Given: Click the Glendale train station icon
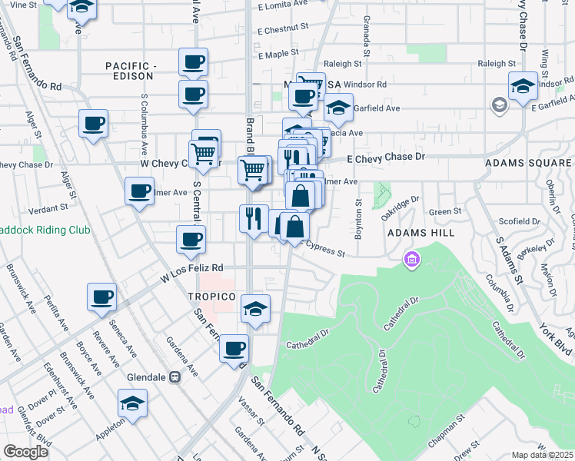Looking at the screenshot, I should tap(174, 377).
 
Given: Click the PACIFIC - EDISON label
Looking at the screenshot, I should tap(131, 67).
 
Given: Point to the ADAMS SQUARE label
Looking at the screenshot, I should tap(529, 164).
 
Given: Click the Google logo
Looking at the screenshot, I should tap(25, 452).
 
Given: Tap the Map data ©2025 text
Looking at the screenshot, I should tap(542, 455).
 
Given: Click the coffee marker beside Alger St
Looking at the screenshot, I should tap(93, 123).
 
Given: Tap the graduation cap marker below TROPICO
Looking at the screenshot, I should tap(256, 309).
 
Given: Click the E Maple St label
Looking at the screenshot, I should tap(278, 55).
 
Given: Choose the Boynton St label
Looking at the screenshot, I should tap(358, 217).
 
